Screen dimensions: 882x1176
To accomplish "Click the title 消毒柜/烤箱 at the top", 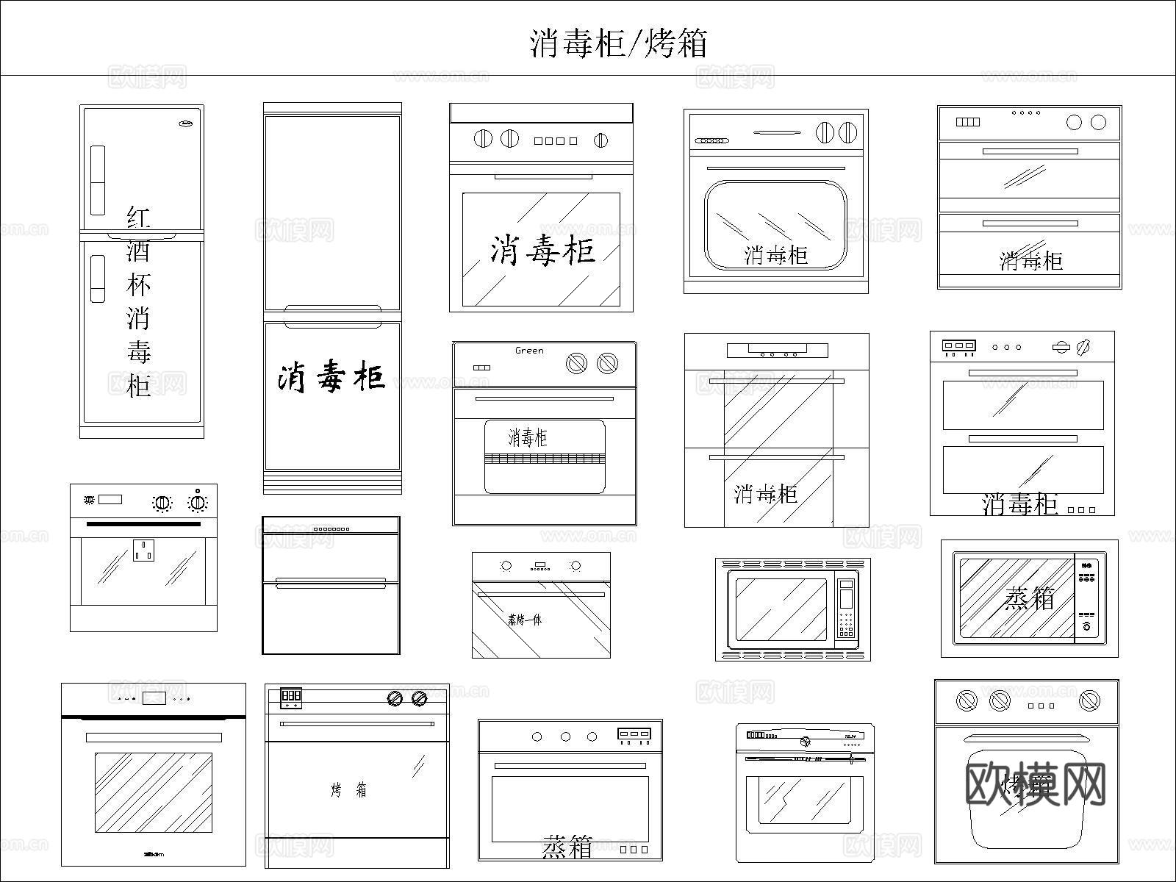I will tap(618, 43).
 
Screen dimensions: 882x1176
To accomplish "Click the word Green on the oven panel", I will tap(529, 351).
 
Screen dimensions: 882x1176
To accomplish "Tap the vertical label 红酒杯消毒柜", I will tap(138, 301).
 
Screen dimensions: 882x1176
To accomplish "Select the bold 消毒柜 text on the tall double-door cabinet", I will tap(331, 376).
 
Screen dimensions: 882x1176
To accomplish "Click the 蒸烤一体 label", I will tap(525, 620).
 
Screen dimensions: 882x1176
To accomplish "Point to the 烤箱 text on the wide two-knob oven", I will tap(348, 790).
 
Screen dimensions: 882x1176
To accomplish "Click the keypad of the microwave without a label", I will tap(847, 624).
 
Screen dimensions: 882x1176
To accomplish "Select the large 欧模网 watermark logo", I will tap(1034, 784).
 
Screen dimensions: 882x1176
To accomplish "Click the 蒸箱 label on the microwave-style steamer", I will tap(1029, 598).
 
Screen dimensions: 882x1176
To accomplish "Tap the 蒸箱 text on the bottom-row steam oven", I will tap(567, 847).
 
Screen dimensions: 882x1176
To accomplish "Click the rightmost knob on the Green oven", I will tap(607, 362).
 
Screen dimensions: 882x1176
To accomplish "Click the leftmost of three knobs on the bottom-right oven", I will tap(967, 700).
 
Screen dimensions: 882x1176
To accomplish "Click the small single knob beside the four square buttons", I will tap(600, 140).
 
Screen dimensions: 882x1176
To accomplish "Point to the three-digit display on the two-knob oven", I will tap(291, 695).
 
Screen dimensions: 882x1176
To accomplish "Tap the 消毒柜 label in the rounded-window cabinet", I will tap(775, 255).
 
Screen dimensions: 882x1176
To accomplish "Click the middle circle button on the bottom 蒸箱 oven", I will tap(565, 736).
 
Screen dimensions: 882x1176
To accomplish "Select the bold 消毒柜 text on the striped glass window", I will tap(542, 251).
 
